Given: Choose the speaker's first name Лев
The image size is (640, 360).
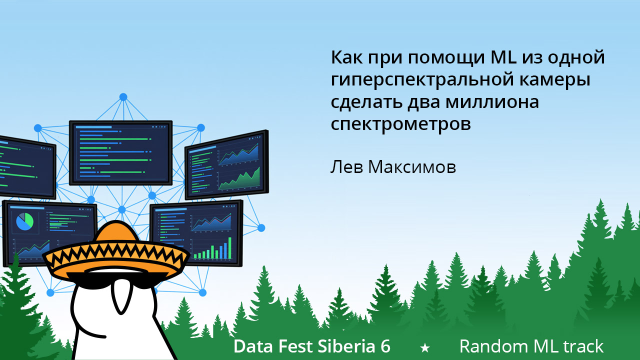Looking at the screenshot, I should (346, 167).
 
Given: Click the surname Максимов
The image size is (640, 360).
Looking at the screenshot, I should (412, 167).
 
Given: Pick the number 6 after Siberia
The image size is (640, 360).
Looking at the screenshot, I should (385, 346).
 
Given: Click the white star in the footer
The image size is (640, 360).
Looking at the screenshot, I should (425, 347).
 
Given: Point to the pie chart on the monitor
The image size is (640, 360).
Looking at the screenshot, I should (24, 221).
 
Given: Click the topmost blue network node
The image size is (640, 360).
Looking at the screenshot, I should (123, 96).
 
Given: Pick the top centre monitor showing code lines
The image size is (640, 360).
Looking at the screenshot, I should (120, 152).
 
